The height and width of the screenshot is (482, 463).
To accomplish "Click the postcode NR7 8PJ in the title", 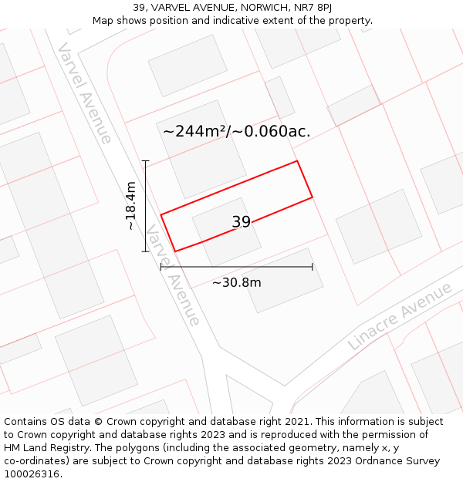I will [313, 8].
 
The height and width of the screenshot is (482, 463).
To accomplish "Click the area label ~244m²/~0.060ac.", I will [236, 131].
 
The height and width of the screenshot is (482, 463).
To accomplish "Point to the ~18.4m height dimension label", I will [131, 206].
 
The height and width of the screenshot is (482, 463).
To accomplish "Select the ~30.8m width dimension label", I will [236, 282].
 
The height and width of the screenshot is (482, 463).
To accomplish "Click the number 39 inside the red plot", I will [241, 222].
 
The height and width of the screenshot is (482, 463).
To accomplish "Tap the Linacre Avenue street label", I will [399, 316].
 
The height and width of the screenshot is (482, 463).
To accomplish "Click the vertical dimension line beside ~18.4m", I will [145, 206].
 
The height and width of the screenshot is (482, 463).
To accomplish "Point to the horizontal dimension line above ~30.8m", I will [236, 267].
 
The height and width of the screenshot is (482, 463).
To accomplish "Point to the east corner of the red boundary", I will [313, 197].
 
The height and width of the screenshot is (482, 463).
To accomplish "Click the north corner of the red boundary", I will [297, 161].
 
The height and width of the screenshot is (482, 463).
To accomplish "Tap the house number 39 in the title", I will [139, 8].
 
